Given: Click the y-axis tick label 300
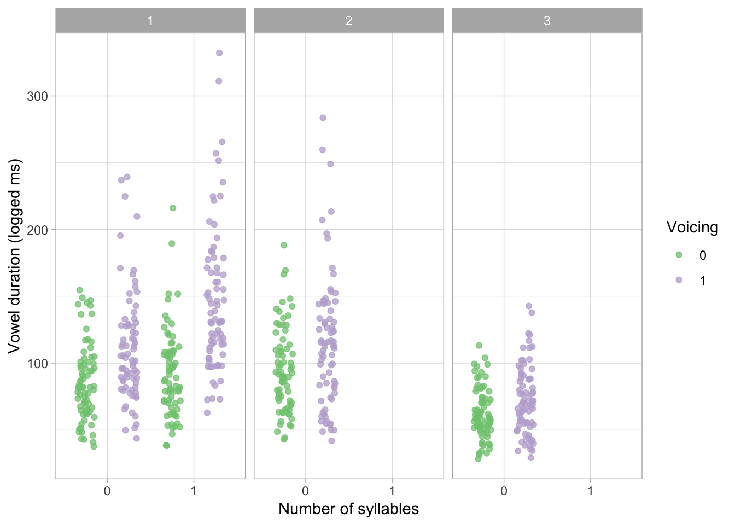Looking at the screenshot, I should [x=37, y=96].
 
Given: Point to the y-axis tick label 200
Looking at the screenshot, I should [x=37, y=230].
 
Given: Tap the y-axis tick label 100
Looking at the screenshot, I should [x=37, y=364].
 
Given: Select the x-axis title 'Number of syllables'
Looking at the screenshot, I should [x=348, y=509].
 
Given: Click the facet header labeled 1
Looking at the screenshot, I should [x=150, y=21].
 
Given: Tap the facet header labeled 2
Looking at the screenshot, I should [x=348, y=21].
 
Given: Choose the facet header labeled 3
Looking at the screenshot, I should [x=547, y=21].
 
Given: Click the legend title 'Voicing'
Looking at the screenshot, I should [x=692, y=227].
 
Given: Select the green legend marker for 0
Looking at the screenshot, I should [x=679, y=255].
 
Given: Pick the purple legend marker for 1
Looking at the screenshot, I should [x=679, y=280].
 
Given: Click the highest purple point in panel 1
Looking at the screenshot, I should [x=219, y=53].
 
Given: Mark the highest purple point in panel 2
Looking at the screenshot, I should [x=323, y=118].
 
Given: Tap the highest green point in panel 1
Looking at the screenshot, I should [x=173, y=208].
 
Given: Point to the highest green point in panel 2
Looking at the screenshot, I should [x=284, y=245].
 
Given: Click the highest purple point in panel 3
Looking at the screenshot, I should [x=529, y=306].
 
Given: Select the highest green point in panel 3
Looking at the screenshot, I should [x=479, y=345].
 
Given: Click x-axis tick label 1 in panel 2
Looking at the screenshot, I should [x=392, y=491].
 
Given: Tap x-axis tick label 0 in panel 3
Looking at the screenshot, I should [x=504, y=491].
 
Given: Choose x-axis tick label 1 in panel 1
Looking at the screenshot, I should [x=194, y=491].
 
